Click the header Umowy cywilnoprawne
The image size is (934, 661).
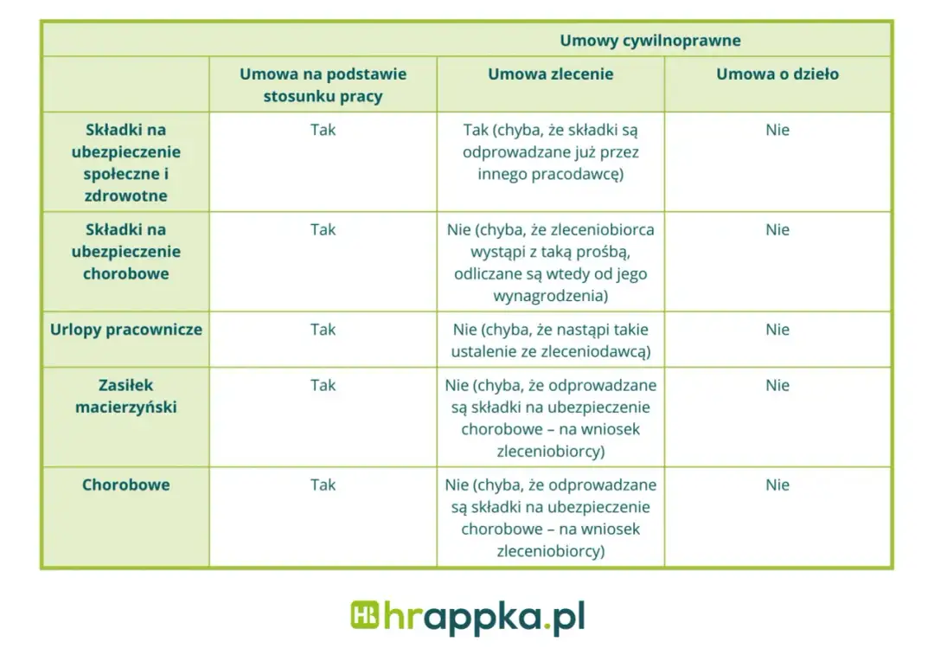pyautogui.click(x=649, y=41)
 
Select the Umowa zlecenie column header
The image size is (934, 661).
pyautogui.click(x=550, y=74)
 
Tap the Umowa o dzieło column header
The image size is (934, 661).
pyautogui.click(x=777, y=74)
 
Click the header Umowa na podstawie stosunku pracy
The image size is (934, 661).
pyautogui.click(x=323, y=85)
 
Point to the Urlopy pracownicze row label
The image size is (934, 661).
pyautogui.click(x=126, y=330)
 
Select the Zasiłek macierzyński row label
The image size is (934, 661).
pyautogui.click(x=126, y=396)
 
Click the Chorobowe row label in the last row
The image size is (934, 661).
pyautogui.click(x=126, y=485)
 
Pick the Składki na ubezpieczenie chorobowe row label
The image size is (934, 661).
pyautogui.click(x=126, y=252)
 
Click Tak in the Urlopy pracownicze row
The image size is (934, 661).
pyautogui.click(x=323, y=330)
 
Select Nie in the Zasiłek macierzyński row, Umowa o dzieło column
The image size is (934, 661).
pyautogui.click(x=777, y=386)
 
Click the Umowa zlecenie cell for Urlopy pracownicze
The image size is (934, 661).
pyautogui.click(x=550, y=340)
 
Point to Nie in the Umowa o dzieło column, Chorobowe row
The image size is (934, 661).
pyautogui.click(x=777, y=485)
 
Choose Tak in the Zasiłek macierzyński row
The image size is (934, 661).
pyautogui.click(x=323, y=386)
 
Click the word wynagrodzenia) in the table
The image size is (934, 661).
pyautogui.click(x=550, y=296)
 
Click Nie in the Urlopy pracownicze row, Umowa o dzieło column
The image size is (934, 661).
pyautogui.click(x=777, y=330)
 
